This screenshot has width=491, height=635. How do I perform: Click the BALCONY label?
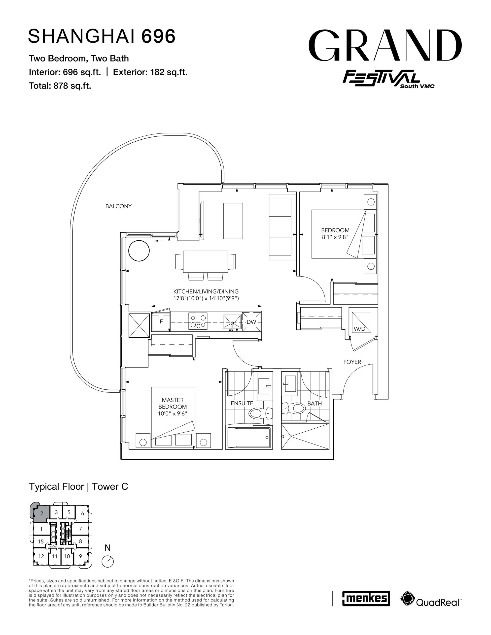pyautogui.click(x=118, y=206)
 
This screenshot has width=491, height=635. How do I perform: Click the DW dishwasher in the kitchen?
pyautogui.click(x=252, y=321)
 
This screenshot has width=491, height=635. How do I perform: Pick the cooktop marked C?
pyautogui.click(x=198, y=321)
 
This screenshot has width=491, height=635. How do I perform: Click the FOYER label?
pyautogui.click(x=352, y=362)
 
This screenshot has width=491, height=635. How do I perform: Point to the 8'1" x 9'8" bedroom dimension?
pyautogui.click(x=335, y=237)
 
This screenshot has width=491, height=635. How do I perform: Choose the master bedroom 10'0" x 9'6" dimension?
pyautogui.click(x=173, y=413)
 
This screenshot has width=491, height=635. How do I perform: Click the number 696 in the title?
pyautogui.click(x=159, y=36)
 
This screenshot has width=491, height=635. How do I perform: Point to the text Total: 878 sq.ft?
pyautogui.click(x=60, y=86)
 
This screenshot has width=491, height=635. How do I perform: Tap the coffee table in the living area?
pyautogui.click(x=233, y=221)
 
